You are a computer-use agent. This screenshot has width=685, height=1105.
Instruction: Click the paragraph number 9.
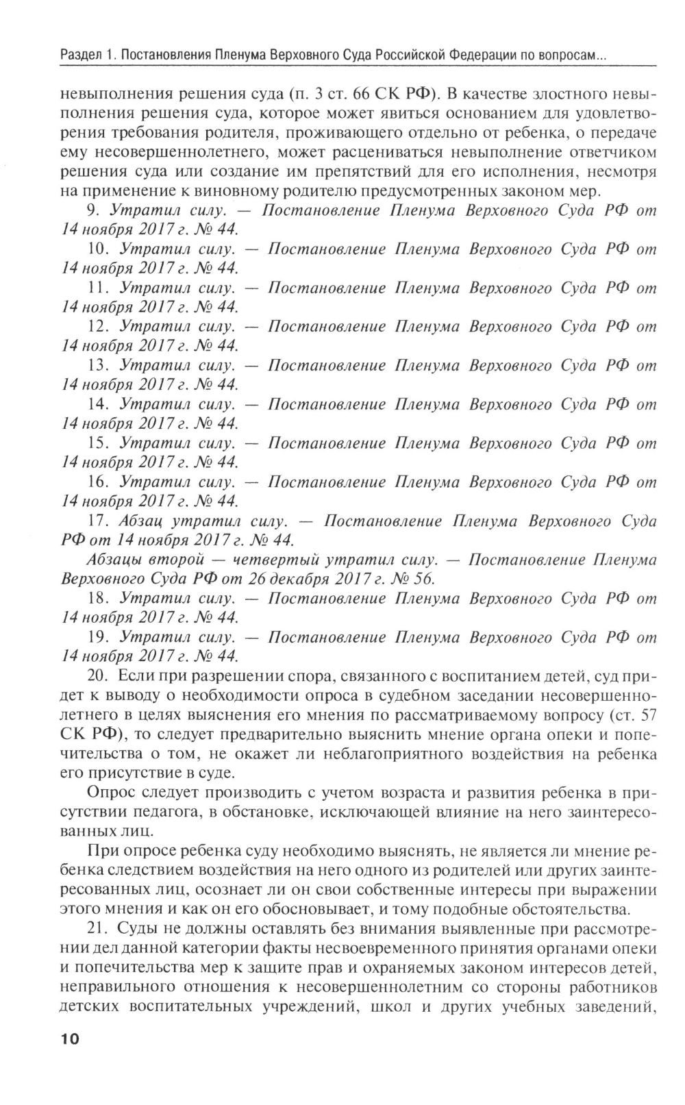[x=95, y=210]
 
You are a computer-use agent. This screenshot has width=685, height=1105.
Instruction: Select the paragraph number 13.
[x=99, y=366]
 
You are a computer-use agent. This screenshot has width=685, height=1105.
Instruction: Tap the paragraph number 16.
[x=99, y=482]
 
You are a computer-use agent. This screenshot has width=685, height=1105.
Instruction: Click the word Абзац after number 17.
[x=140, y=521]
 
